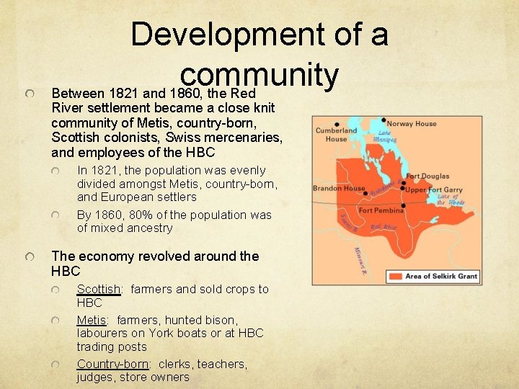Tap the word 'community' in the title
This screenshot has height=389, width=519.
tap(259, 74)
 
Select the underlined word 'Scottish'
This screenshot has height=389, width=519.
tap(98, 289)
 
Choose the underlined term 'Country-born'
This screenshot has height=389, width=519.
tap(111, 364)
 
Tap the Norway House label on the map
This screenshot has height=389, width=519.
tap(412, 123)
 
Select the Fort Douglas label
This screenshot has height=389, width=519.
tap(427, 176)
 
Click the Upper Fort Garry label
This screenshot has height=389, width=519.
tap(434, 189)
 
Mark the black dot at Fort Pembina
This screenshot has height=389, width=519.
tap(403, 205)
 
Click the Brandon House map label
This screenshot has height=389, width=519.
tap(339, 188)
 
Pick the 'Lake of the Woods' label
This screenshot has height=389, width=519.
tap(451, 200)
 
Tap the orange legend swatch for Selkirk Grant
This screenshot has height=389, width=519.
tap(396, 276)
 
